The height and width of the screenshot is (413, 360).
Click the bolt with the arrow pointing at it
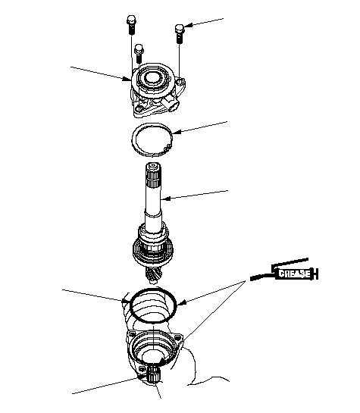180,33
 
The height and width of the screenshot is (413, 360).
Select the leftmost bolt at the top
131,25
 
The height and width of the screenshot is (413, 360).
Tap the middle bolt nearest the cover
139,54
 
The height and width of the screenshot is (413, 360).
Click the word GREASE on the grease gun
294,274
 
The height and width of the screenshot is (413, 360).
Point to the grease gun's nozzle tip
252,278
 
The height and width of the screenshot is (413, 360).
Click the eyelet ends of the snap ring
167,148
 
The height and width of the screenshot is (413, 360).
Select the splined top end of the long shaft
153,175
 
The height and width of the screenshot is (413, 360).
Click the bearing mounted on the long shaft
153,249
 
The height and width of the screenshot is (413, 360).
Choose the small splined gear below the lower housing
153,374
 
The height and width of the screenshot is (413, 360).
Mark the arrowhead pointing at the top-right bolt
188,26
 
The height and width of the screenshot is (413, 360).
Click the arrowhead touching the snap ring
177,132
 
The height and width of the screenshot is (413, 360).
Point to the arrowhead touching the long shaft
165,199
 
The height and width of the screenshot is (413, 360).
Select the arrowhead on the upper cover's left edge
127,78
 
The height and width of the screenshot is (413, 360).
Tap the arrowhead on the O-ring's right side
182,302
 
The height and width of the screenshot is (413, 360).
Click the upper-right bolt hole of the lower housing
177,337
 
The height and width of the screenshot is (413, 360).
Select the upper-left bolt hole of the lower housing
132,333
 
